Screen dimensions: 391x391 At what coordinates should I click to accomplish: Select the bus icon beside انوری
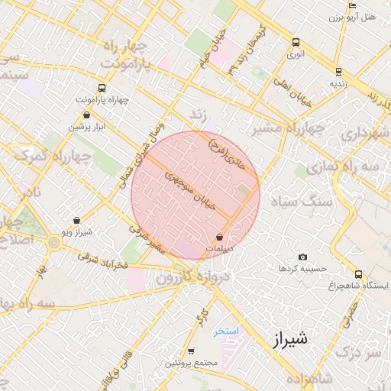[296, 43]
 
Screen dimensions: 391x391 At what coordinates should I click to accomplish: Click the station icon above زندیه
[338, 72]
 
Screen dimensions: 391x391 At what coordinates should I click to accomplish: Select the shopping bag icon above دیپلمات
[220, 238]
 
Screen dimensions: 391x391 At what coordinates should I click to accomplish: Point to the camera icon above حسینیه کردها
[303, 257]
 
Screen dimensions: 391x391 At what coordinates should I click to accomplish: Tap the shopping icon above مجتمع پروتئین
[191, 351]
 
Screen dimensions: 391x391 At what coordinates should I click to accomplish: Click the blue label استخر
[227, 331]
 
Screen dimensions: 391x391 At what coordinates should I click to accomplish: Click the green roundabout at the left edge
[53, 243]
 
